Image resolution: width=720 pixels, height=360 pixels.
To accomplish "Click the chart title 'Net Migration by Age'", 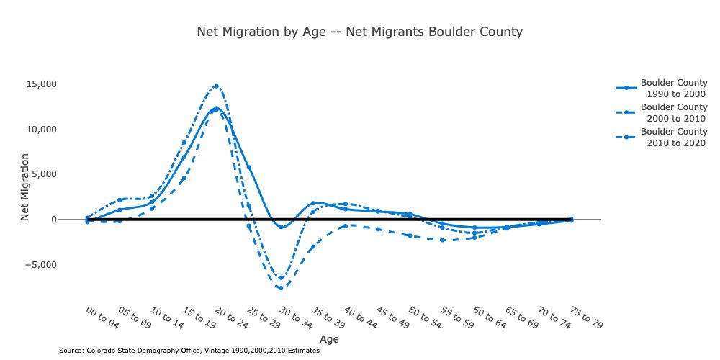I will tap(359, 32).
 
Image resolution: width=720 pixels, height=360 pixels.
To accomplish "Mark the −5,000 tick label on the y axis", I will tap(56, 264).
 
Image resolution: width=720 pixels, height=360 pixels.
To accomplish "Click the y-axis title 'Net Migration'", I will tap(24, 186).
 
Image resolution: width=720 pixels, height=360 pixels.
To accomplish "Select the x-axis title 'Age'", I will tap(329, 339).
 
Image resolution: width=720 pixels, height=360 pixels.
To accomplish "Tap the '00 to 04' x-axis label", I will tap(102, 317).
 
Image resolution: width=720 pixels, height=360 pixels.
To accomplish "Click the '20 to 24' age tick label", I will tap(230, 317).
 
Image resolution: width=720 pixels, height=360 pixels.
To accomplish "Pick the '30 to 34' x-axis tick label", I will tap(295, 317).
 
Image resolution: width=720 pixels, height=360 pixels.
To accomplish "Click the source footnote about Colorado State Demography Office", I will tap(189, 351).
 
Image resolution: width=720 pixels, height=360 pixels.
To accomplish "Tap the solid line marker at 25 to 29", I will tap(248, 168).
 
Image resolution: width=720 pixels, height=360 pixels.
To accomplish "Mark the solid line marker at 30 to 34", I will tap(281, 227).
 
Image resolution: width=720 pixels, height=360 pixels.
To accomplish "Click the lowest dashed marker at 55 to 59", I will tap(442, 240).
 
